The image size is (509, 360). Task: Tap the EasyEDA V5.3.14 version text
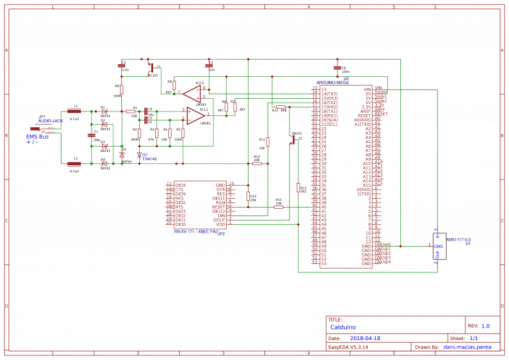pyautogui.click(x=349, y=347)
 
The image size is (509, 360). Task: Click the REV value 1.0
pyautogui.click(x=486, y=326)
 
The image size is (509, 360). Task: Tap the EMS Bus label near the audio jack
pyautogui.click(x=38, y=136)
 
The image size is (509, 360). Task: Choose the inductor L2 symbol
pyautogui.click(x=74, y=164)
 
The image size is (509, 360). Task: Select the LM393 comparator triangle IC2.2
pyautogui.click(x=192, y=91)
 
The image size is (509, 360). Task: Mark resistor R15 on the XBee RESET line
pyautogui.click(x=278, y=207)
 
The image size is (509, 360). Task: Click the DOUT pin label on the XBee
pyautogui.click(x=219, y=219)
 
